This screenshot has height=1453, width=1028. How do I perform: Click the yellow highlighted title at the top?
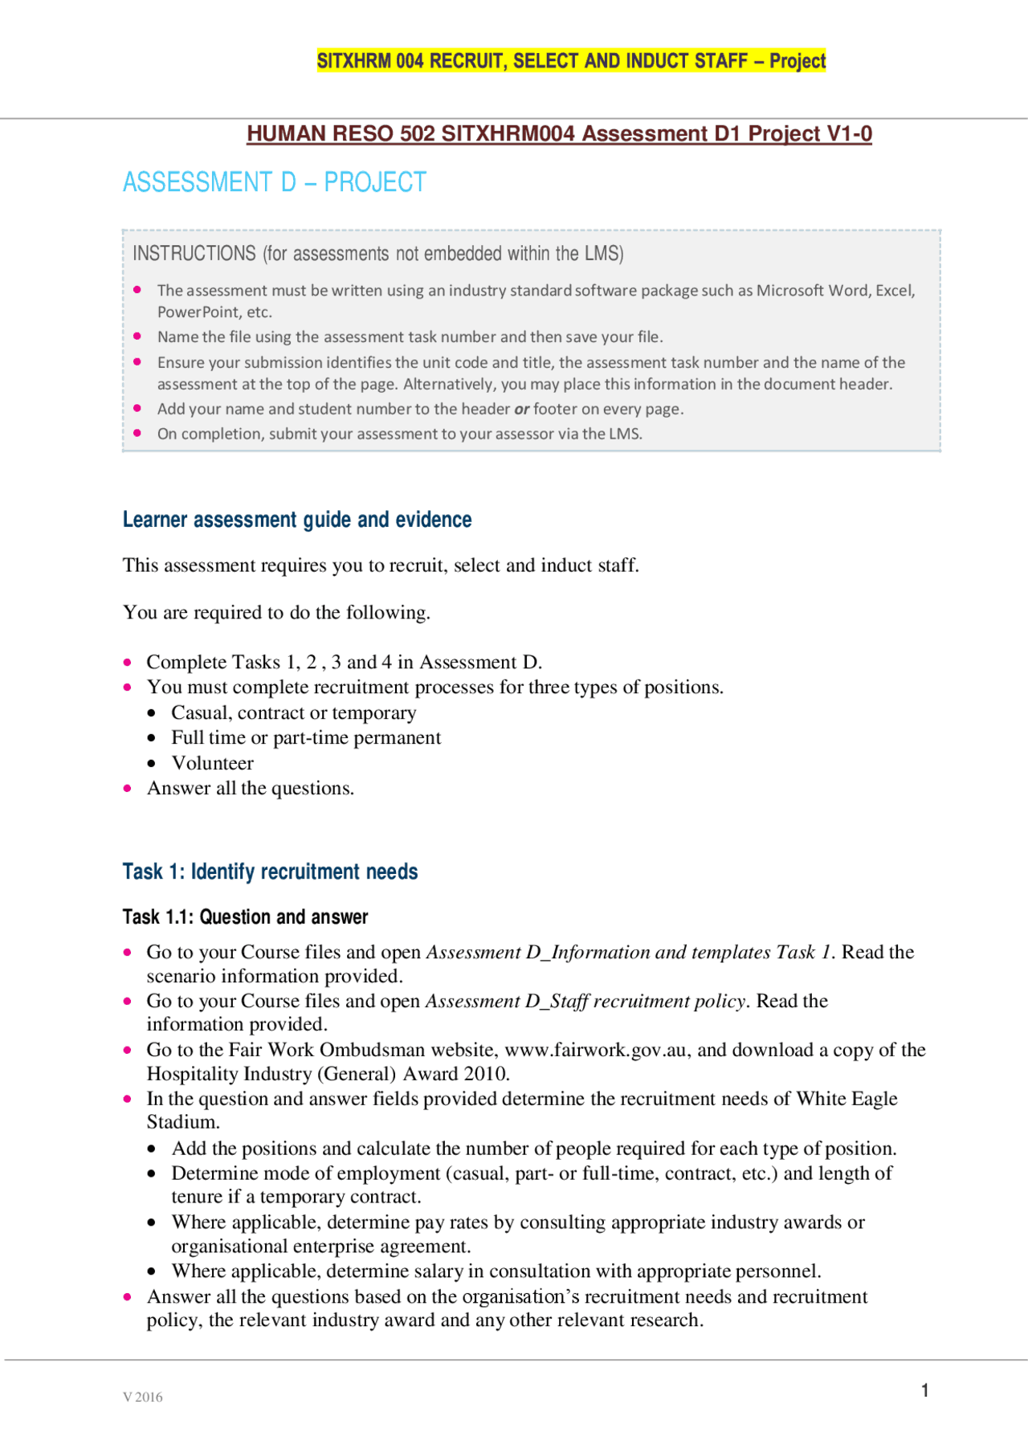pos(571,61)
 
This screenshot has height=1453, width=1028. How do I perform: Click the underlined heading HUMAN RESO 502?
pos(559,133)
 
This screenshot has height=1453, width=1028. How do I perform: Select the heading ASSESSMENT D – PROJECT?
pos(274,182)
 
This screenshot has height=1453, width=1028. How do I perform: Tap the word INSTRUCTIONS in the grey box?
pos(194,254)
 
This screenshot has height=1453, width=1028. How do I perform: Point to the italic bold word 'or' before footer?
pos(521,409)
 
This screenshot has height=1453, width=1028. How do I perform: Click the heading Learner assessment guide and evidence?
pos(296,520)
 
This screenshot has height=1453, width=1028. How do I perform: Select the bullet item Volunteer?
pos(212,763)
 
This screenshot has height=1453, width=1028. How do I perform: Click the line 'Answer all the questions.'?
pos(250,788)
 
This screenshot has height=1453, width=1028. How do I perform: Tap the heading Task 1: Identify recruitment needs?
pos(270,871)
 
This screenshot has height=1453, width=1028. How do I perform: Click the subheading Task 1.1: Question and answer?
pos(245,916)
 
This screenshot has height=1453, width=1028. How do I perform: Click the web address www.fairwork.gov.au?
pos(595,1050)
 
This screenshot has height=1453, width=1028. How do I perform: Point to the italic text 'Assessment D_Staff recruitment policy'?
pos(586,1001)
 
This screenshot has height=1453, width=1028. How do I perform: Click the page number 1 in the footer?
pos(925,1390)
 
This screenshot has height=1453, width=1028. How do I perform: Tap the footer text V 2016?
pos(143,1397)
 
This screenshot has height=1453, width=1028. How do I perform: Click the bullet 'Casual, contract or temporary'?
pos(293,713)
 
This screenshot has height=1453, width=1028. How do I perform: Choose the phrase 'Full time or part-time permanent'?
pos(306,738)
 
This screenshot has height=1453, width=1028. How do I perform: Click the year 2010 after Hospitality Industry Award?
pos(485,1074)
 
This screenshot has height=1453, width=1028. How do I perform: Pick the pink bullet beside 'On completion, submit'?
pos(137,433)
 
